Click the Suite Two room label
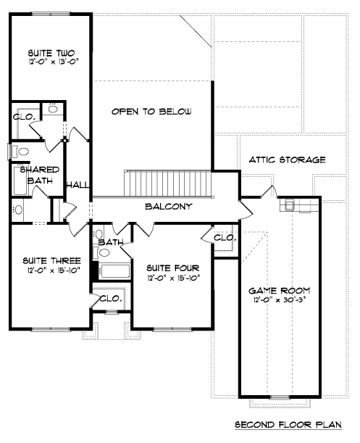[x=51, y=53]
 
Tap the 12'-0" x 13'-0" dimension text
[x=53, y=62]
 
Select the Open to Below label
[x=151, y=112]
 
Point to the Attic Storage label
[x=287, y=160]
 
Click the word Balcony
[x=169, y=206]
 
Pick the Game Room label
[x=280, y=291]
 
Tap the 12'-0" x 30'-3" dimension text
[x=280, y=299]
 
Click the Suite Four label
[x=173, y=268]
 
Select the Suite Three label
[x=51, y=260]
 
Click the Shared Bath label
[x=40, y=175]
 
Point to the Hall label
[x=78, y=186]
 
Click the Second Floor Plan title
[x=288, y=424]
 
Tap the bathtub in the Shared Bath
[x=20, y=181]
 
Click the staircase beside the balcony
[x=168, y=183]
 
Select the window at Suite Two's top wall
[x=51, y=13]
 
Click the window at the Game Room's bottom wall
[x=280, y=398]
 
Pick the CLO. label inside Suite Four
[x=225, y=238]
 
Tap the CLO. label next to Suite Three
[x=111, y=298]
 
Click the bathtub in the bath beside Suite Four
[x=114, y=271]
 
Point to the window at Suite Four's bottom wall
[x=172, y=329]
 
